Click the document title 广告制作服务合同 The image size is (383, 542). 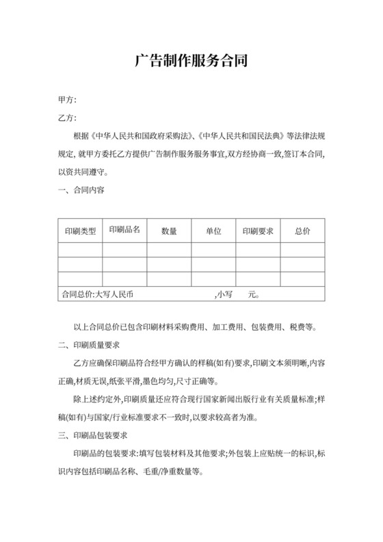click(x=191, y=62)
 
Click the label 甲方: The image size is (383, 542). click(x=68, y=100)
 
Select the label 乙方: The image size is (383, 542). click(x=68, y=118)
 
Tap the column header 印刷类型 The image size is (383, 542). click(x=80, y=231)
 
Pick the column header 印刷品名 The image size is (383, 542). click(x=124, y=230)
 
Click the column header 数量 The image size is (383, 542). click(x=169, y=231)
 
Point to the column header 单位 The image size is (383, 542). click(x=213, y=231)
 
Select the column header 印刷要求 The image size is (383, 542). click(x=258, y=231)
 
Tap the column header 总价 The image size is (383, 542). click(x=302, y=231)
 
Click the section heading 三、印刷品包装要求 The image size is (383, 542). click(x=94, y=435)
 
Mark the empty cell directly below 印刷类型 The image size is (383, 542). click(x=80, y=250)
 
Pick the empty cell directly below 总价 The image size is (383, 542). click(x=302, y=250)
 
